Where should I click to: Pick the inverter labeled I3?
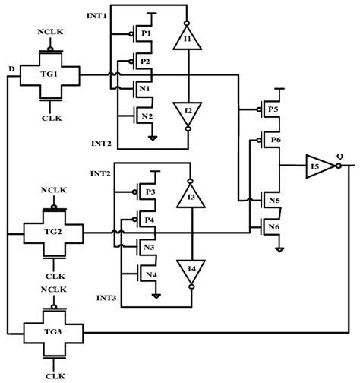point(192,198)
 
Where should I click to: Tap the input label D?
point(10,70)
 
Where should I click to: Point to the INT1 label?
point(97,16)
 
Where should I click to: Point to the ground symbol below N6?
point(279,249)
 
